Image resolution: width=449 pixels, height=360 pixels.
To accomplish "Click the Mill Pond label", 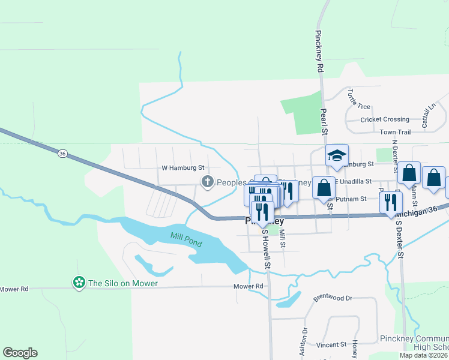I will [x=186, y=239].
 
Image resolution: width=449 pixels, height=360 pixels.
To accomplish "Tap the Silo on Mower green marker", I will [x=79, y=283].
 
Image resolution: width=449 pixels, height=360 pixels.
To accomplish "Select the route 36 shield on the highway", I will [x=62, y=154].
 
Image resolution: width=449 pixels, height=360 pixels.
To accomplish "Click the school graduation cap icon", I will [x=337, y=156].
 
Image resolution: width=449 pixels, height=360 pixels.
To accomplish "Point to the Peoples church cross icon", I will [x=208, y=181].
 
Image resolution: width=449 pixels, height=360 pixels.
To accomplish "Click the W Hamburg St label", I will [x=183, y=169].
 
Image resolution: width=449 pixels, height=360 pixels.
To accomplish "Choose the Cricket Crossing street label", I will [x=385, y=119].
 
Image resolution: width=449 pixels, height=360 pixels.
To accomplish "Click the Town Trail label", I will [x=395, y=132].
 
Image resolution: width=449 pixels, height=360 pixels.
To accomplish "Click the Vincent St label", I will [x=331, y=345].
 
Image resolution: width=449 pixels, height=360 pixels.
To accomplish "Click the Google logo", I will [x=20, y=353].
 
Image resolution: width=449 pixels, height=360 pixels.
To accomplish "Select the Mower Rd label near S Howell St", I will [x=250, y=286].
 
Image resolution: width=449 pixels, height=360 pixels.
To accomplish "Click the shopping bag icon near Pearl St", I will [x=324, y=187].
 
